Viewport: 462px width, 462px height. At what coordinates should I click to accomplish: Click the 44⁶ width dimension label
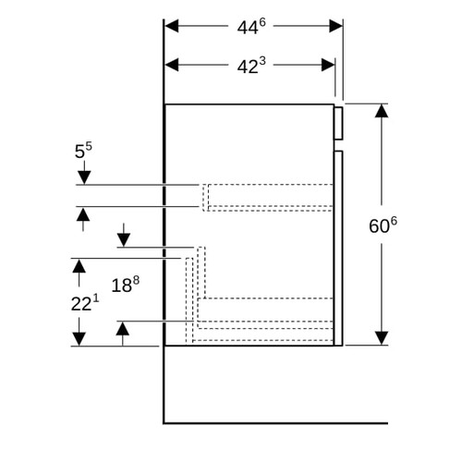[x=251, y=27]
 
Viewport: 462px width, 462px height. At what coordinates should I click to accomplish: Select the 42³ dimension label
[x=251, y=66]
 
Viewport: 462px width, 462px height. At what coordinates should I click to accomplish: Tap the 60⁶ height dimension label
[x=383, y=225]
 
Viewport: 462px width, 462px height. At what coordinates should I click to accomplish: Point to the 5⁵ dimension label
[x=83, y=151]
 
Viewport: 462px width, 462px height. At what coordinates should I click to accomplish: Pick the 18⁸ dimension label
[x=125, y=285]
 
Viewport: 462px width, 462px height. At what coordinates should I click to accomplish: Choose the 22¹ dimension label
[x=85, y=303]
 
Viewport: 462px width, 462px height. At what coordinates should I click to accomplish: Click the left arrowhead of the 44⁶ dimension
[x=172, y=26]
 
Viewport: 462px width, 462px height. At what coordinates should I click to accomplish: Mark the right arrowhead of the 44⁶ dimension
[x=335, y=26]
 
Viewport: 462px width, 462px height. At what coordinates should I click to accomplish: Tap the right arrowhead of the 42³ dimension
[x=328, y=65]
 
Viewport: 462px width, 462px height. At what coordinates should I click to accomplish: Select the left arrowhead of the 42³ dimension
[x=172, y=65]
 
